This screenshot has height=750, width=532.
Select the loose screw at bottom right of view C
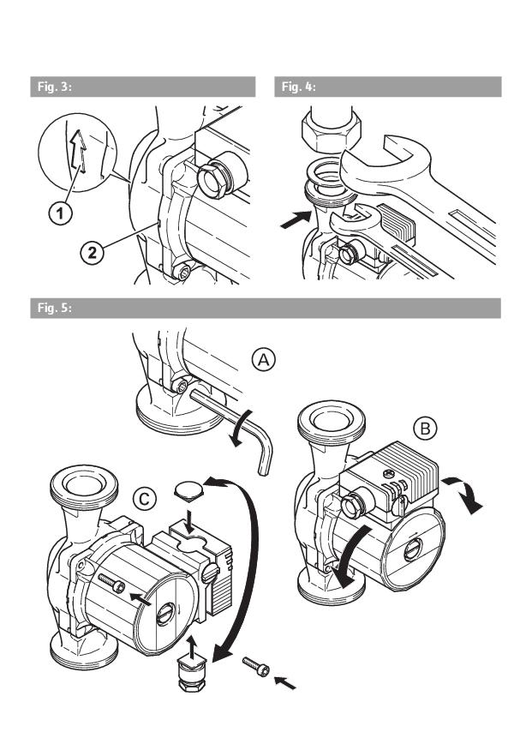pos(256,666)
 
